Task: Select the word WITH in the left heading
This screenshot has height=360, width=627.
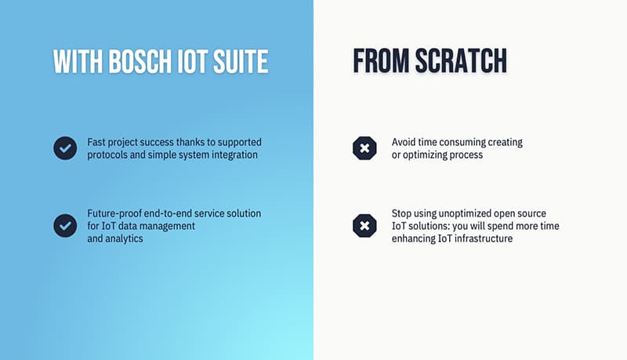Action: tap(78, 62)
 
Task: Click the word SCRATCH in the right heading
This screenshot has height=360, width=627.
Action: tap(461, 61)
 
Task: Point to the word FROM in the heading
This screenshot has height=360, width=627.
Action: tap(381, 61)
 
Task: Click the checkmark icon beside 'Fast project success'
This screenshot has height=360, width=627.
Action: tap(65, 148)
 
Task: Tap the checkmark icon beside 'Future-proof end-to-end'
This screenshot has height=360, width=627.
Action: tap(65, 226)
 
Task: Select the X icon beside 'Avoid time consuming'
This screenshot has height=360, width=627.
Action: tap(364, 148)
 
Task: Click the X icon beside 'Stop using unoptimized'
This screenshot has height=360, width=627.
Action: tap(364, 226)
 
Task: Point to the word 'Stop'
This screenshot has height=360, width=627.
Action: tap(401, 213)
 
